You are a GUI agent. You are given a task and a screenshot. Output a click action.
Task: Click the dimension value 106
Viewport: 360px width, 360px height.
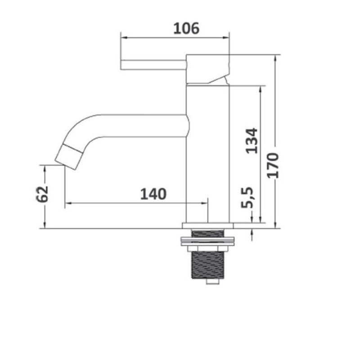tap(186, 28)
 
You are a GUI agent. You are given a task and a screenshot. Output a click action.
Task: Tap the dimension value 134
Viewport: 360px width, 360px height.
tap(252, 140)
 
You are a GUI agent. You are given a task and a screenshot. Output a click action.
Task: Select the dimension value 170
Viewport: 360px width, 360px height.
tap(273, 165)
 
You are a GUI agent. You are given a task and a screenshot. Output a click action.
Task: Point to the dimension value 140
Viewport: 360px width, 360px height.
tap(153, 194)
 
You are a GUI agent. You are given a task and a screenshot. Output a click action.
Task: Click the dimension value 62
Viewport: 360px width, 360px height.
tap(42, 194)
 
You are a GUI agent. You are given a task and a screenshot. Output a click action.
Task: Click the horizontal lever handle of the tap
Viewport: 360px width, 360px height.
tap(153, 64)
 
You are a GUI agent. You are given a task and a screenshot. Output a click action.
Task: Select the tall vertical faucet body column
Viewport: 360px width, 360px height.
tap(208, 153)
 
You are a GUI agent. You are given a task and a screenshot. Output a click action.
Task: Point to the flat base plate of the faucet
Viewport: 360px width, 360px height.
tap(208, 225)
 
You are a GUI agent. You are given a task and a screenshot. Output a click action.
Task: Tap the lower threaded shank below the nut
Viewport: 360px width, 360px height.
tap(208, 263)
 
